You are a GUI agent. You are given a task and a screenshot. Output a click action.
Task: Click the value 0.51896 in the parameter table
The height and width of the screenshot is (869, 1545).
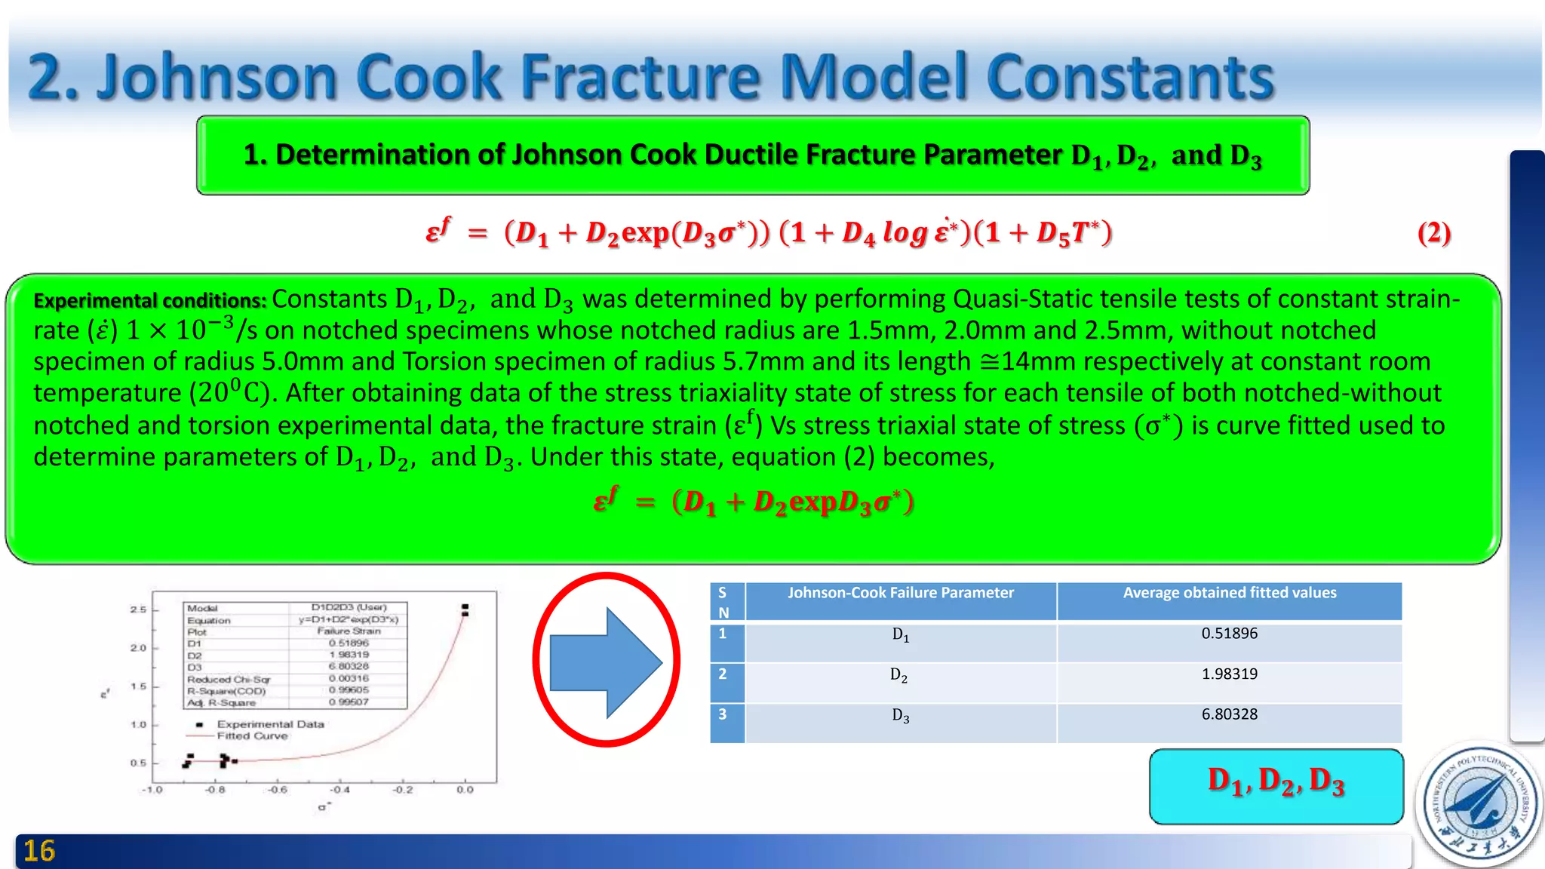[x=1229, y=634]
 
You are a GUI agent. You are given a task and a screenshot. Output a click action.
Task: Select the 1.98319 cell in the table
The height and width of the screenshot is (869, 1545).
[x=1229, y=674]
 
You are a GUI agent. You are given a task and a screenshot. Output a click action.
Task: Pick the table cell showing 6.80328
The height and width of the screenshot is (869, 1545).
[x=1229, y=714]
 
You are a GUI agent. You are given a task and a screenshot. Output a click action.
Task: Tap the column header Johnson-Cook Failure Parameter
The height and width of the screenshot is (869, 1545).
[x=900, y=594]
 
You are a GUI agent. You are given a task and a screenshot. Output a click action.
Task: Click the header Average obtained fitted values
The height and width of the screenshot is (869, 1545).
[x=1229, y=594]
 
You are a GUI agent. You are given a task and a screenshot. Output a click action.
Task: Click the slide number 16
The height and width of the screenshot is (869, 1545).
[x=39, y=852]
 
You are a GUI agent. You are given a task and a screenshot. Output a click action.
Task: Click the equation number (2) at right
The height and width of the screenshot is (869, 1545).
[x=1433, y=233]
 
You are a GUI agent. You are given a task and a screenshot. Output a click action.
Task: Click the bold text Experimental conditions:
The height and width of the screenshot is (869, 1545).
[x=149, y=301]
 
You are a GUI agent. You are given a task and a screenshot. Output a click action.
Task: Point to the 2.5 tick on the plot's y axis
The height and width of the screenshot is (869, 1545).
[x=138, y=610]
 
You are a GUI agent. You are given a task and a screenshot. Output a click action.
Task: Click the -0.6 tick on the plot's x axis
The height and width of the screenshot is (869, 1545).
[x=278, y=790]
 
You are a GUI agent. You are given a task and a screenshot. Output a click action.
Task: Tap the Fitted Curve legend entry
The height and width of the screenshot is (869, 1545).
[x=252, y=736]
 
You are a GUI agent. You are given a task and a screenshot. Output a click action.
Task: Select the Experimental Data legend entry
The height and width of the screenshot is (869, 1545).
[x=270, y=724]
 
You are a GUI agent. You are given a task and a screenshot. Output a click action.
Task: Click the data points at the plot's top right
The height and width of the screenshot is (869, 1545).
[x=465, y=610]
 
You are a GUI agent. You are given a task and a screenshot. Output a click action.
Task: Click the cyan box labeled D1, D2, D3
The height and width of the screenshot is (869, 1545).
[x=1276, y=786]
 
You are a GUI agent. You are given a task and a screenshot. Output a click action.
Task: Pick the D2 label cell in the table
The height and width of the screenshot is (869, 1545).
[x=899, y=675]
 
